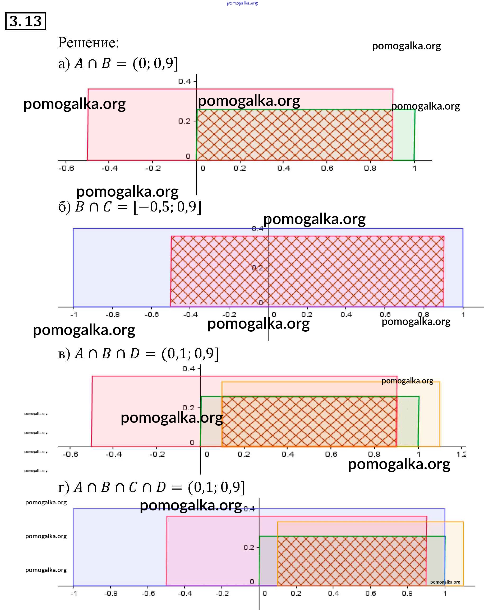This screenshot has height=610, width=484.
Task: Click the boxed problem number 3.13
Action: [x=25, y=21]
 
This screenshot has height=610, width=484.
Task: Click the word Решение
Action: [x=88, y=43]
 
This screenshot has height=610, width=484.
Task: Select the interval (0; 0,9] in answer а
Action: [x=155, y=64]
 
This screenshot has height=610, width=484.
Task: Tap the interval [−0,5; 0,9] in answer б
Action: [x=167, y=207]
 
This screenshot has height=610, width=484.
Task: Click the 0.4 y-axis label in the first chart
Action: [x=185, y=82]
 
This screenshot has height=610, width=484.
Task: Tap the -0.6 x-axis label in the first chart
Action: [x=66, y=169]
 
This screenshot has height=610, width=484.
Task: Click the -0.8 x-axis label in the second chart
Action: [x=112, y=315]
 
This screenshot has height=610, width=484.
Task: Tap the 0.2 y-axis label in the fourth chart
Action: [x=249, y=547]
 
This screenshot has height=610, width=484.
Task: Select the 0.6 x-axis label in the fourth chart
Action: [x=370, y=593]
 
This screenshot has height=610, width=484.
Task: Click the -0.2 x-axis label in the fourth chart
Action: [x=222, y=593]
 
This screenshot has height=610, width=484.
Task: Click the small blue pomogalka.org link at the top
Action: [x=242, y=3]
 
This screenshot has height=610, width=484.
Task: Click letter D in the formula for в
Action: [x=135, y=354]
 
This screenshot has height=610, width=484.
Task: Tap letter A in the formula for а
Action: [x=79, y=64]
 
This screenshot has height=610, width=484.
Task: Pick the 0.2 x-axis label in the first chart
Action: [x=239, y=169]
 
